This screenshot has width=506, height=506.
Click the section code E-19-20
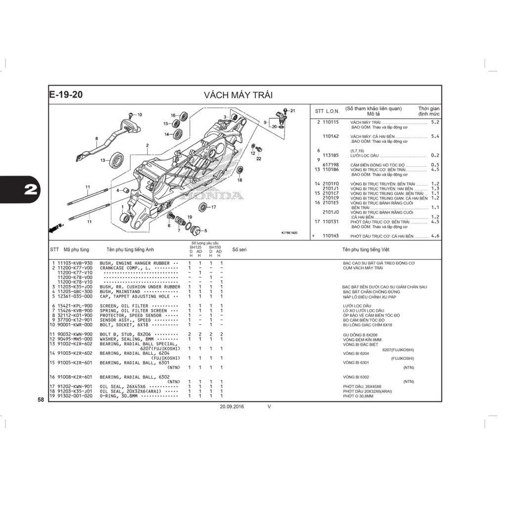tap(66, 95)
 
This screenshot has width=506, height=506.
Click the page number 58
tap(41, 399)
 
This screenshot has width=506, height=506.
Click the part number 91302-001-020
tap(75, 396)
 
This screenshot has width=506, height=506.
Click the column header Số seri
tap(239, 250)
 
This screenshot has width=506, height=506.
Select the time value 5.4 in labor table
tap(435, 136)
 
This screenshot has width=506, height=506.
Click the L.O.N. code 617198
tap(331, 165)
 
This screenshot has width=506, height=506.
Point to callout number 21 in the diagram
tap(292, 110)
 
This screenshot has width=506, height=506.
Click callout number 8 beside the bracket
tap(97, 138)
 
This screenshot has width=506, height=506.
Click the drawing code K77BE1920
tap(289, 232)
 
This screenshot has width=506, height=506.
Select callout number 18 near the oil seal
tap(240, 180)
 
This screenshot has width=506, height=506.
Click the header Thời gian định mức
tap(428, 111)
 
